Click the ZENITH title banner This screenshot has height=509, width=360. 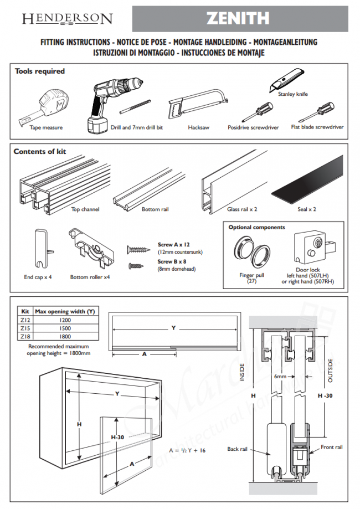point(240,19)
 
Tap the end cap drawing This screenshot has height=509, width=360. point(39,248)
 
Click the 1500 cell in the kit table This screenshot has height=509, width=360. point(65,328)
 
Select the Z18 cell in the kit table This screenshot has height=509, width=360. point(25,336)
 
